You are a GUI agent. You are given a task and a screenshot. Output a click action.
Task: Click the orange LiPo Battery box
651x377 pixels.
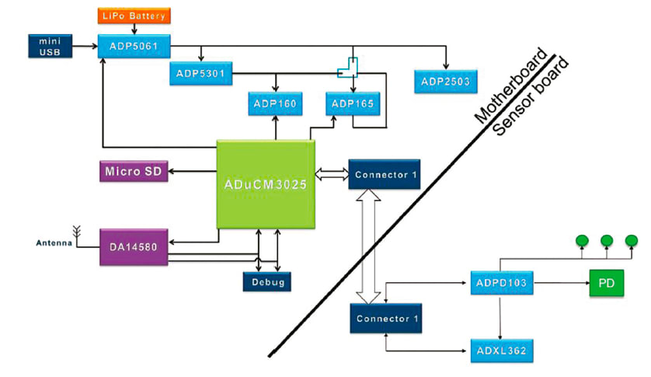[133, 15]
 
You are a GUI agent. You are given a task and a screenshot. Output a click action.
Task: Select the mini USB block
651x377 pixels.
[50, 46]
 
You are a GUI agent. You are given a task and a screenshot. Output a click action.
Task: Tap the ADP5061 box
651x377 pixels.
[134, 46]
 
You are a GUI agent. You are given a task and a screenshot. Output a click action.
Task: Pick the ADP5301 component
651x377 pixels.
[200, 74]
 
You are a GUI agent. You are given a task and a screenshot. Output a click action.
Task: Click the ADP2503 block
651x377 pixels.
[445, 81]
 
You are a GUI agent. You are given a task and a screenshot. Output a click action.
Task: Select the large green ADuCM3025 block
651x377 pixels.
[266, 184]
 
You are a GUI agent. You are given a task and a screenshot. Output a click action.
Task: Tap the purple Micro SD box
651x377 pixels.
[134, 171]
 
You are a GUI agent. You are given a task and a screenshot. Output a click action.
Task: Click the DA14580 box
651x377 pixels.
[134, 247]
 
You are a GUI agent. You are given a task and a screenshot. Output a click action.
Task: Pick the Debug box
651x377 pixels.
[267, 281]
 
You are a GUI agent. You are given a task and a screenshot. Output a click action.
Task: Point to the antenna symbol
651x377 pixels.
[78, 231]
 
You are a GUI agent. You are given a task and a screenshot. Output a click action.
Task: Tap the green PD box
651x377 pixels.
[606, 284]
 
